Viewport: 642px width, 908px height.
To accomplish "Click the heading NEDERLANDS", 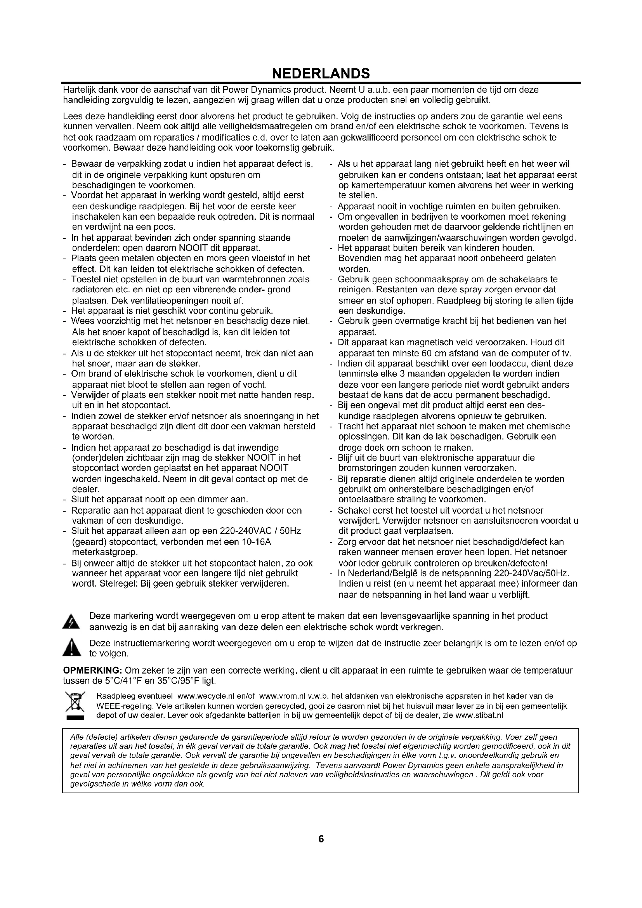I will click(321, 73).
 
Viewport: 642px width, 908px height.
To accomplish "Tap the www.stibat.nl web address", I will click(479, 715).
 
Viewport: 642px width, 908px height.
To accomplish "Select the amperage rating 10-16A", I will click(256, 542).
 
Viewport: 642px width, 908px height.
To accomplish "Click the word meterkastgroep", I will click(104, 552).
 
